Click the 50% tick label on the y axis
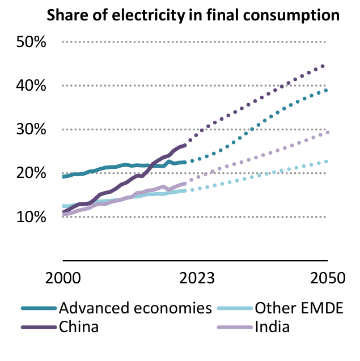32,43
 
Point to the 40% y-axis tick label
32,86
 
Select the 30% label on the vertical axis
32,130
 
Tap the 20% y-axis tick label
32,173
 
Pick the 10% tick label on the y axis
32,217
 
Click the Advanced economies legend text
135,309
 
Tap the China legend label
79,327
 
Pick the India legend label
273,327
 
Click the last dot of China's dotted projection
323,66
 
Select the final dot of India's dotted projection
328,133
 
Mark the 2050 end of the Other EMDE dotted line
327,162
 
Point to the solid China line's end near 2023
185,145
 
